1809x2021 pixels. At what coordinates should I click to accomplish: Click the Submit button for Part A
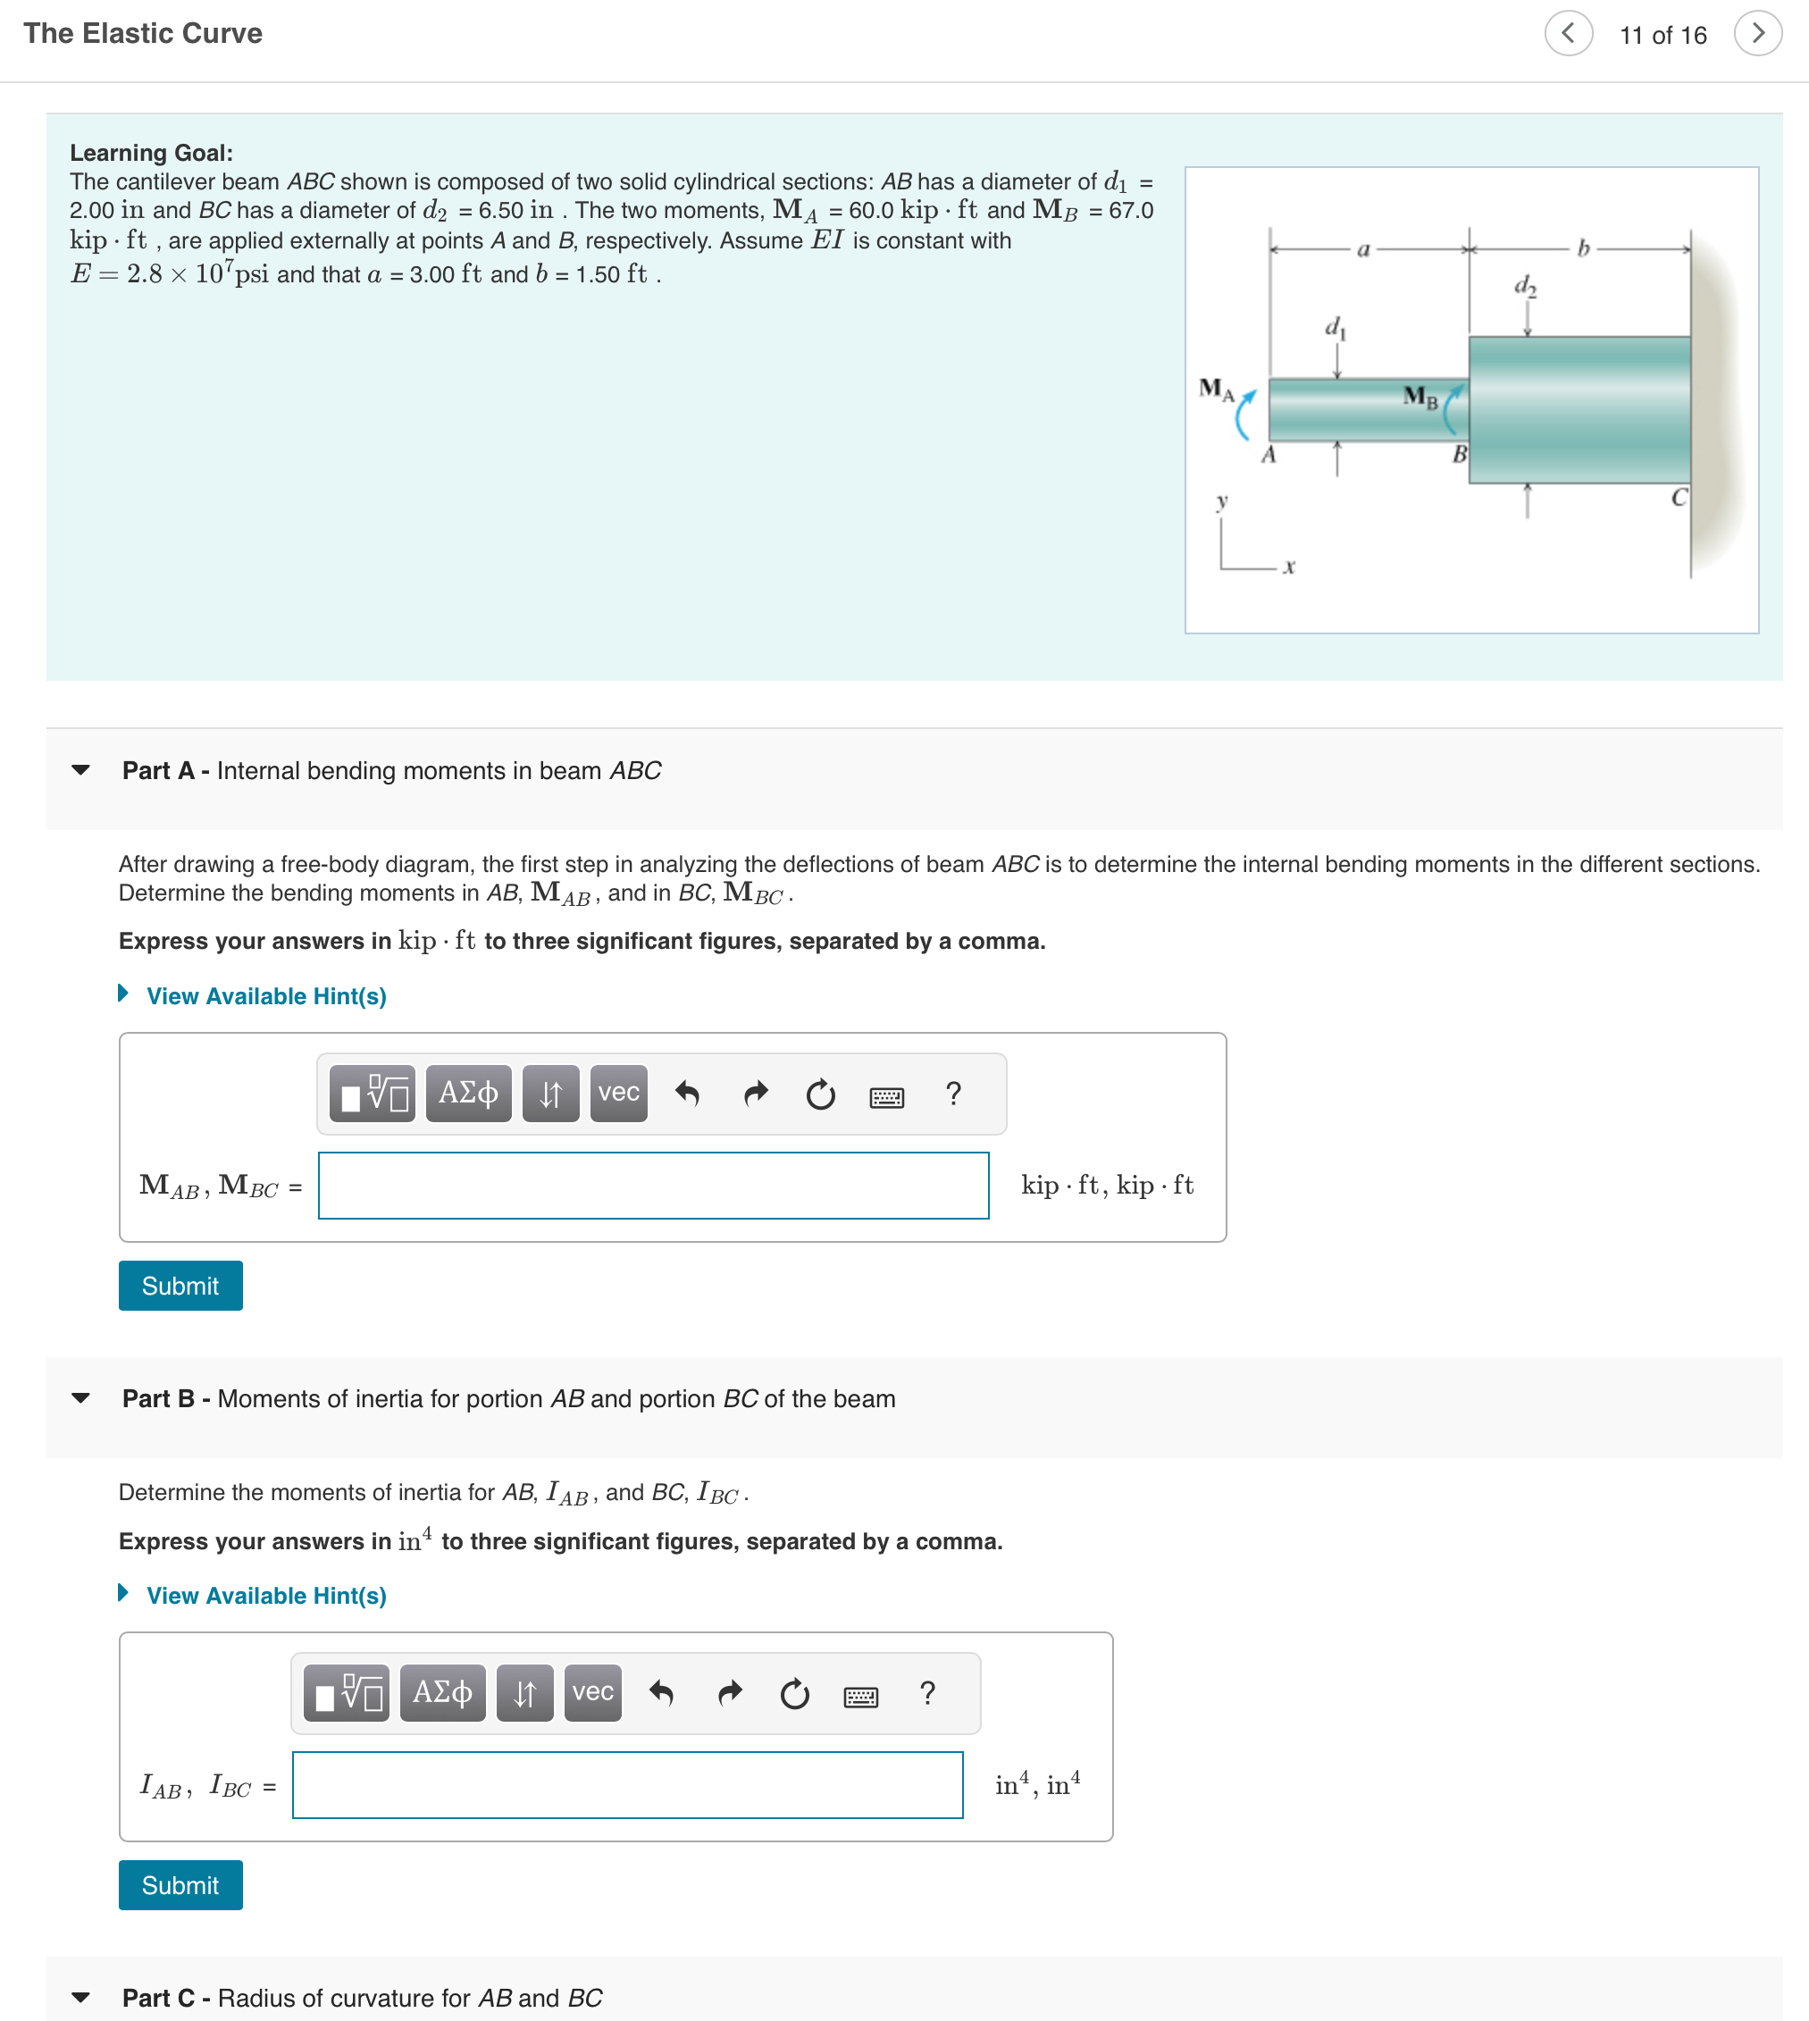pyautogui.click(x=180, y=1286)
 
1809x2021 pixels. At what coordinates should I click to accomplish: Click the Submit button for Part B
pyautogui.click(x=180, y=1885)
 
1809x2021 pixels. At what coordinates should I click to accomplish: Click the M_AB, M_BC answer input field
pyautogui.click(x=653, y=1185)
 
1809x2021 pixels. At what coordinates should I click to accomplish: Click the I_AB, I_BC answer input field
pyautogui.click(x=627, y=1784)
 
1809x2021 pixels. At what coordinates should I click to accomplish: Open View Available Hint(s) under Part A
pyautogui.click(x=265, y=996)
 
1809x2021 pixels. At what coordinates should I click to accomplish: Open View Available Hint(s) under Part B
pyautogui.click(x=265, y=1596)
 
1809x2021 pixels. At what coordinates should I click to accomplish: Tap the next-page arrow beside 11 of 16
pyautogui.click(x=1757, y=34)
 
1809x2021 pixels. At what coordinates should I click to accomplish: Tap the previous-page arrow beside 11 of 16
pyautogui.click(x=1569, y=34)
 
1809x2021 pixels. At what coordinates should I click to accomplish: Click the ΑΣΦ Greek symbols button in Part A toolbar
pyautogui.click(x=468, y=1094)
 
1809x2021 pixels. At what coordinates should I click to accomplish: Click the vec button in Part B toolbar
pyautogui.click(x=592, y=1693)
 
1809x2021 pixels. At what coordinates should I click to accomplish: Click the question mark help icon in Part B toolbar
pyautogui.click(x=927, y=1693)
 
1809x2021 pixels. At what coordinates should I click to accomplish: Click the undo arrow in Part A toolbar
pyautogui.click(x=687, y=1094)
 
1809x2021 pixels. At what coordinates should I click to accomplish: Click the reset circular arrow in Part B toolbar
pyautogui.click(x=794, y=1693)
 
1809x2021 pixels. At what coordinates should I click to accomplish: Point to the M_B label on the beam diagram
pyautogui.click(x=1420, y=397)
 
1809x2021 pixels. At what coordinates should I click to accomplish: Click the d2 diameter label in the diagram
pyautogui.click(x=1525, y=286)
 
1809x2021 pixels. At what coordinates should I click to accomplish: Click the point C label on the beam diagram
pyautogui.click(x=1679, y=497)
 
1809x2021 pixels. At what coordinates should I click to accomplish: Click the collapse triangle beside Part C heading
pyautogui.click(x=81, y=1997)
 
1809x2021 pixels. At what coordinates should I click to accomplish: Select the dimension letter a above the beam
pyautogui.click(x=1364, y=249)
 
